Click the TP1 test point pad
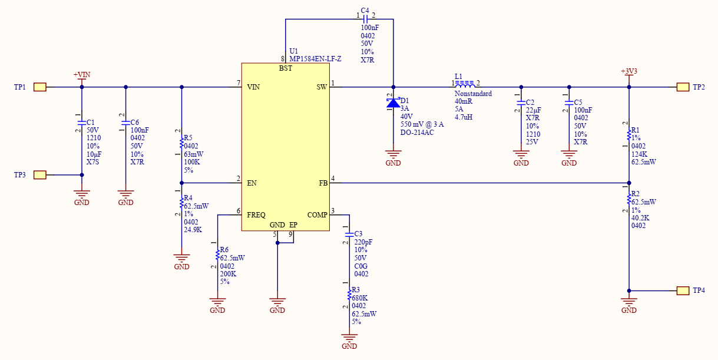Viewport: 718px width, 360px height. pos(39,87)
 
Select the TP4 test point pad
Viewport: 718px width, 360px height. pos(683,290)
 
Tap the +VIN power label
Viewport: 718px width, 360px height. pos(81,75)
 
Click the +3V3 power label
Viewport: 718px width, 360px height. pos(628,71)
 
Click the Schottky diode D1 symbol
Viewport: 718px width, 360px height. pos(393,103)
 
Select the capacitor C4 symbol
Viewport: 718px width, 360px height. pos(366,19)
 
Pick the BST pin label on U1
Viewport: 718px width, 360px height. pos(285,69)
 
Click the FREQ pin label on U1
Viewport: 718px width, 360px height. pos(256,215)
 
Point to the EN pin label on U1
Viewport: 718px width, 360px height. pos(252,183)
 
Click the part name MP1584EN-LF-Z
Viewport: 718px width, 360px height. pos(315,59)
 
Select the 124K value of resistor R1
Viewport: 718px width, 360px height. pos(639,154)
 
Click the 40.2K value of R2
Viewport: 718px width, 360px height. pos(640,217)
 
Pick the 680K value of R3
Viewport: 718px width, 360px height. pos(360,298)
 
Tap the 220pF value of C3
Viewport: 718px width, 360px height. pos(363,242)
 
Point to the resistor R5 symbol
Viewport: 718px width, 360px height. pos(181,143)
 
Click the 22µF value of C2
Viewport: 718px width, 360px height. pos(534,110)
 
